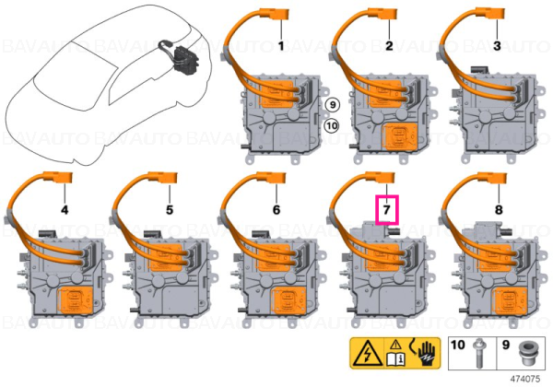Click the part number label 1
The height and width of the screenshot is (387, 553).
click(281, 46)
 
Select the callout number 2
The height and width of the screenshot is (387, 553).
click(389, 46)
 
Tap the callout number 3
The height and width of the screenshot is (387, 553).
click(497, 46)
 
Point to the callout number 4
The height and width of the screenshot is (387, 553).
click(65, 210)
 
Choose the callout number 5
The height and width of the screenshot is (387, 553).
click(170, 210)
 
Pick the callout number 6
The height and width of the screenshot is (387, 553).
click(276, 210)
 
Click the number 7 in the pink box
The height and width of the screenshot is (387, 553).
click(386, 210)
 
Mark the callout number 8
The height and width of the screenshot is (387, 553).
click(499, 210)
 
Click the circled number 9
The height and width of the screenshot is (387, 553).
click(332, 105)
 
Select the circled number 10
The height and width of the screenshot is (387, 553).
click(332, 125)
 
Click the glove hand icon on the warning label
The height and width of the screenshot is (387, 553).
click(428, 354)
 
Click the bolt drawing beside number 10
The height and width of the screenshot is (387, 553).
click(479, 354)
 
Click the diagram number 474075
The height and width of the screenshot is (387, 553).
click(525, 379)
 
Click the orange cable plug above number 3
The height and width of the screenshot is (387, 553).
click(490, 15)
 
